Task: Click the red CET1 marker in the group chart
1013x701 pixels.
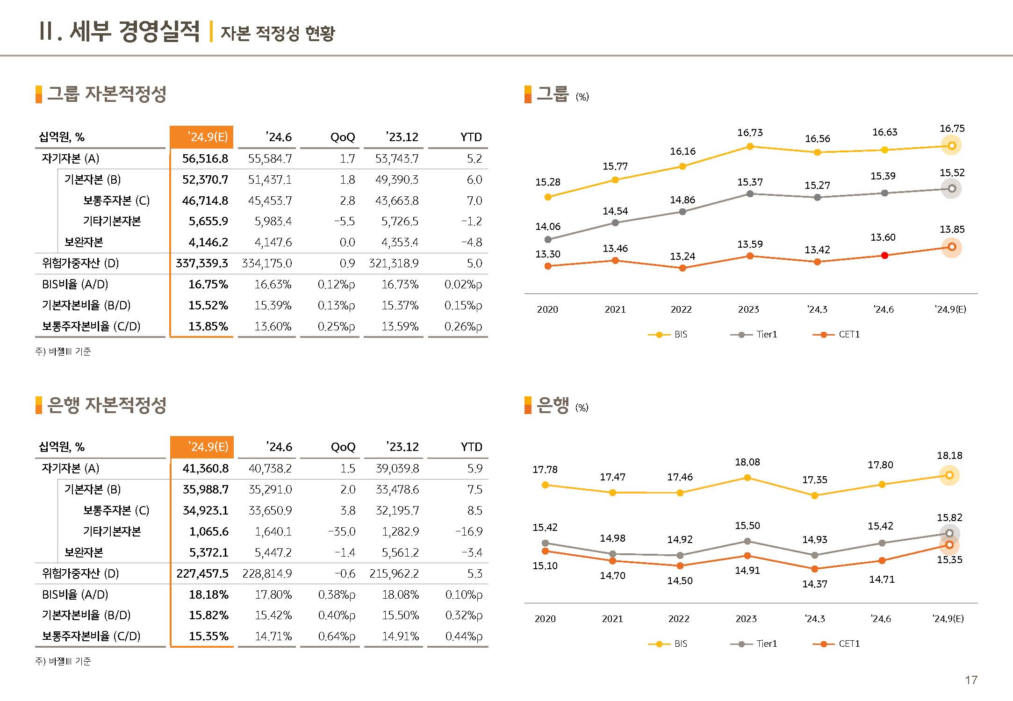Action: (x=884, y=255)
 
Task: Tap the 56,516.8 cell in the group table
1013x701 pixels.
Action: (x=205, y=159)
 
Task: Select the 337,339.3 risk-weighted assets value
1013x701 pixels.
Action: (x=201, y=264)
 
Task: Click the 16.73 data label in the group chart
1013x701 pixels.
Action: (x=750, y=133)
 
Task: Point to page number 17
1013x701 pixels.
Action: (x=971, y=680)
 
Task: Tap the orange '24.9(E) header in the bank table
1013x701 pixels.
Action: (x=202, y=447)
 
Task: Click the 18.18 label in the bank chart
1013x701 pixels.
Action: (x=949, y=456)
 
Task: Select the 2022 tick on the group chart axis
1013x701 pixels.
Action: (x=681, y=309)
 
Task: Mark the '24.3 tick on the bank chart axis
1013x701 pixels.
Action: (x=815, y=619)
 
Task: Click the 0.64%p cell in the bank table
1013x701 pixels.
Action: (x=337, y=636)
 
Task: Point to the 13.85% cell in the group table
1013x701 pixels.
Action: (x=208, y=326)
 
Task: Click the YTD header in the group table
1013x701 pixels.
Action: (x=471, y=137)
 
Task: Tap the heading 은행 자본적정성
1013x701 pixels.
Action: (x=107, y=405)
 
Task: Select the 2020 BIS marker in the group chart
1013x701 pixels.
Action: (x=548, y=197)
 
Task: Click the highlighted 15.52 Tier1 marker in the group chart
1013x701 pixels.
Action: (x=951, y=189)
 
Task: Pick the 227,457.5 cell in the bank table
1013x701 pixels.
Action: (x=202, y=573)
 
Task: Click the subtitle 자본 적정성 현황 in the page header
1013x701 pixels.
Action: (x=278, y=33)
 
